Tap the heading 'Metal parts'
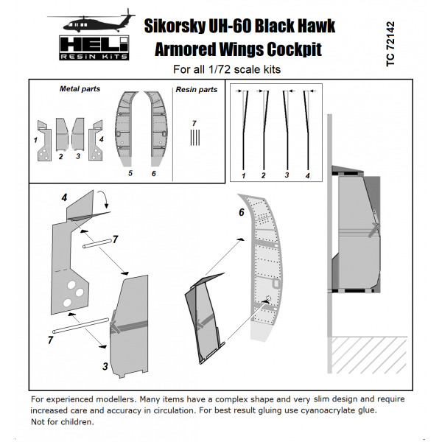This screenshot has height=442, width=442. [80, 89]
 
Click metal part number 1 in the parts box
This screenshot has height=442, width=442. [35, 138]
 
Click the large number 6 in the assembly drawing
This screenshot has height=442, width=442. [242, 212]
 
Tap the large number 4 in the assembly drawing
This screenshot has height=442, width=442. [65, 197]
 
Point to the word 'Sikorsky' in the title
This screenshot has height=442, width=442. [180, 26]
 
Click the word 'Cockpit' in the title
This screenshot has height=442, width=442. [296, 51]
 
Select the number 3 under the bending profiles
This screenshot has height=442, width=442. [285, 177]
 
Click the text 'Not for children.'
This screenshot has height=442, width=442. [63, 423]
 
